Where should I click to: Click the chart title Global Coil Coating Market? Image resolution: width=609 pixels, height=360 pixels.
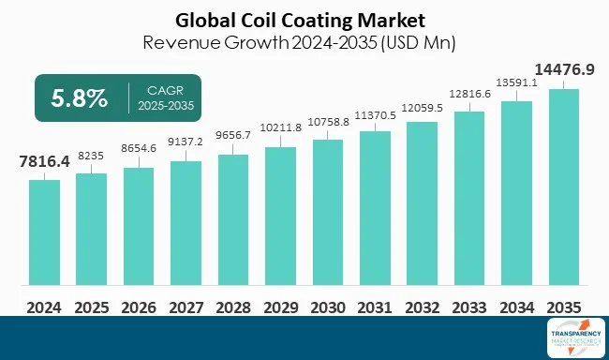tap(304, 19)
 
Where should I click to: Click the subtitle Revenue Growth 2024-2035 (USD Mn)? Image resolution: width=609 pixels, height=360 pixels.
tap(304, 42)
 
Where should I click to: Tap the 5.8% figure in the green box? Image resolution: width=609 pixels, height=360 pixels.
tap(80, 97)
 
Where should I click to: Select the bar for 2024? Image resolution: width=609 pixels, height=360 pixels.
tap(44, 232)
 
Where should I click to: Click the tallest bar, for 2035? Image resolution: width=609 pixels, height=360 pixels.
tap(564, 187)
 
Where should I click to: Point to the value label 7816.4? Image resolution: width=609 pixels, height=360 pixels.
tap(44, 162)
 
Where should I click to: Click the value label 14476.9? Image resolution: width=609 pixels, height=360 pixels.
tap(564, 69)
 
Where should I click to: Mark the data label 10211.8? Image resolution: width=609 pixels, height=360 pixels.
tap(281, 127)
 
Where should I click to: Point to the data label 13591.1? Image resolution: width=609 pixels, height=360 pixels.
tap(517, 82)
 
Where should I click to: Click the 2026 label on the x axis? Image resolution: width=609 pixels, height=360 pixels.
tap(139, 307)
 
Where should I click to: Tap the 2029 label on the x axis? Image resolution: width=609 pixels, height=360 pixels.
tap(281, 307)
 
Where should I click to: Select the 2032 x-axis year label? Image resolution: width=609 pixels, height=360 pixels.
tap(423, 307)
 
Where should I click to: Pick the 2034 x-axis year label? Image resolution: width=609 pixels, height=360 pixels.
tap(517, 307)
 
